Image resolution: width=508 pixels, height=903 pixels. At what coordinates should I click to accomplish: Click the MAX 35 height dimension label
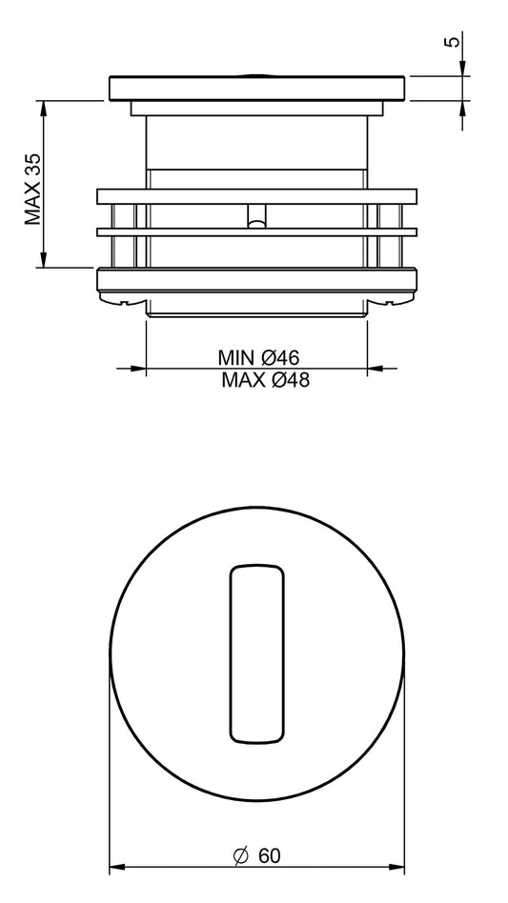[34, 185]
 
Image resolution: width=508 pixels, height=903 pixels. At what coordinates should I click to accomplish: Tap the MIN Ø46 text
[258, 358]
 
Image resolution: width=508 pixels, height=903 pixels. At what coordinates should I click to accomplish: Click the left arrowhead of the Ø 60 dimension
[117, 868]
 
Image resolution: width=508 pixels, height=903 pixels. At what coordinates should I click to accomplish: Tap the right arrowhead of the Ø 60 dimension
[397, 868]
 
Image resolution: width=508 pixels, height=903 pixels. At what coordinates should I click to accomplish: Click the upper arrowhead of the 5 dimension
[463, 66]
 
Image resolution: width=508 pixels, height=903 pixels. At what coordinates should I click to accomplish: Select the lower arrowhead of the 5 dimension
[463, 109]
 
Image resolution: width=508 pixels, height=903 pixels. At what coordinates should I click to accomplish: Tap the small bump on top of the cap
[257, 72]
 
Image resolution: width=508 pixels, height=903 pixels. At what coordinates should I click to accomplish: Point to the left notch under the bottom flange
[124, 302]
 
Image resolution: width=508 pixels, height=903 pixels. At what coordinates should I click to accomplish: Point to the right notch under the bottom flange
[391, 302]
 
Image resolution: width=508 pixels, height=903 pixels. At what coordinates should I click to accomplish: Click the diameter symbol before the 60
[241, 856]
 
